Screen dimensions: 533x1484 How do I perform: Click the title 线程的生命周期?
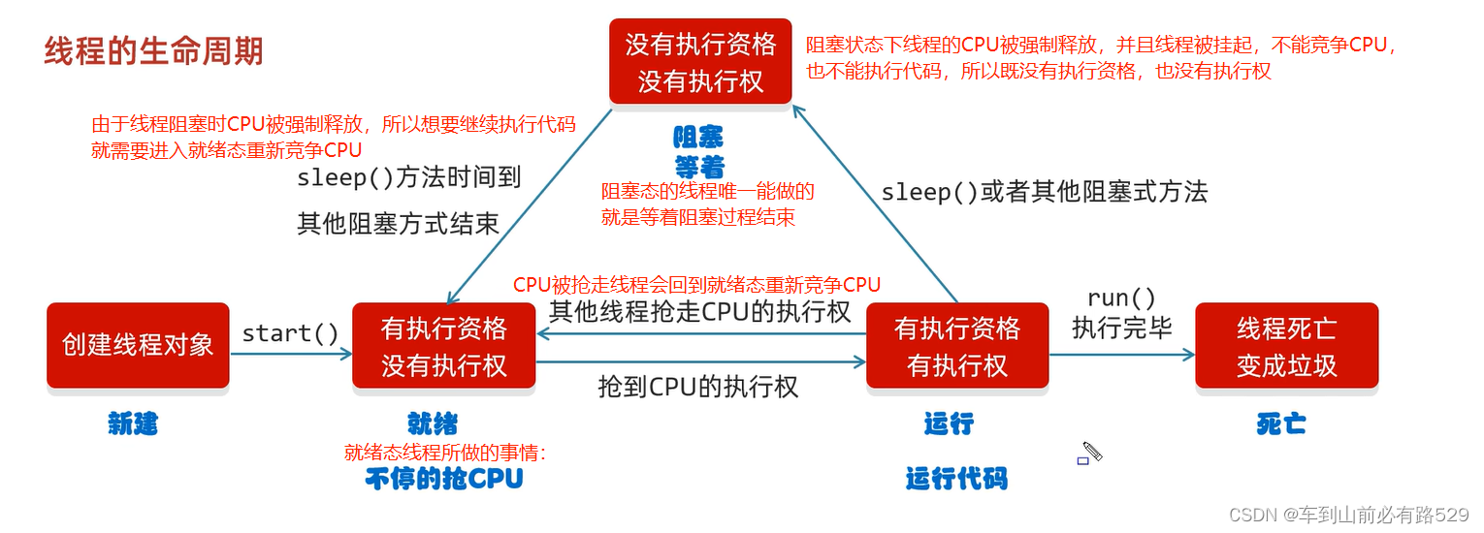(x=153, y=51)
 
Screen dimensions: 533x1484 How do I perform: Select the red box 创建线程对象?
(x=138, y=345)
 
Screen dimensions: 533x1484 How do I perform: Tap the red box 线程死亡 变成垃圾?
(x=1286, y=346)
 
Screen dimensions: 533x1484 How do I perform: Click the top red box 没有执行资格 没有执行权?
(x=700, y=62)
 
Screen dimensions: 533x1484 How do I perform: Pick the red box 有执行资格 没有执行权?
(x=443, y=346)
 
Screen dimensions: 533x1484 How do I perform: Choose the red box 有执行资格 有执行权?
(x=956, y=346)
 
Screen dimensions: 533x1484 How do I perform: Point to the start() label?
(x=290, y=333)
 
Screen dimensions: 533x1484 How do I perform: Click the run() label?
(x=1121, y=298)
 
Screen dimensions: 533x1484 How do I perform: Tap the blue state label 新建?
(x=133, y=423)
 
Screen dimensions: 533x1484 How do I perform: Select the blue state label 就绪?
(x=433, y=423)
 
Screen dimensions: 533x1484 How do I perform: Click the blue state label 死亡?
(x=1280, y=423)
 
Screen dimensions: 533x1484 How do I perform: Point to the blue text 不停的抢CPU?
(x=444, y=478)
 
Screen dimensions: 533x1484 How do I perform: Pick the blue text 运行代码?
(x=956, y=478)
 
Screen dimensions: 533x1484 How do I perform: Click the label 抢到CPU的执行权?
(x=698, y=387)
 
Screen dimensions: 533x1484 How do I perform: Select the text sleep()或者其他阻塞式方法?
(x=1044, y=192)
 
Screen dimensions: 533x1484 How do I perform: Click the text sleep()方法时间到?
(x=409, y=177)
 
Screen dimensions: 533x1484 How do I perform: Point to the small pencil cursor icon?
(x=1090, y=453)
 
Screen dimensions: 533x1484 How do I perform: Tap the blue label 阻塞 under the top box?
(x=699, y=137)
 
